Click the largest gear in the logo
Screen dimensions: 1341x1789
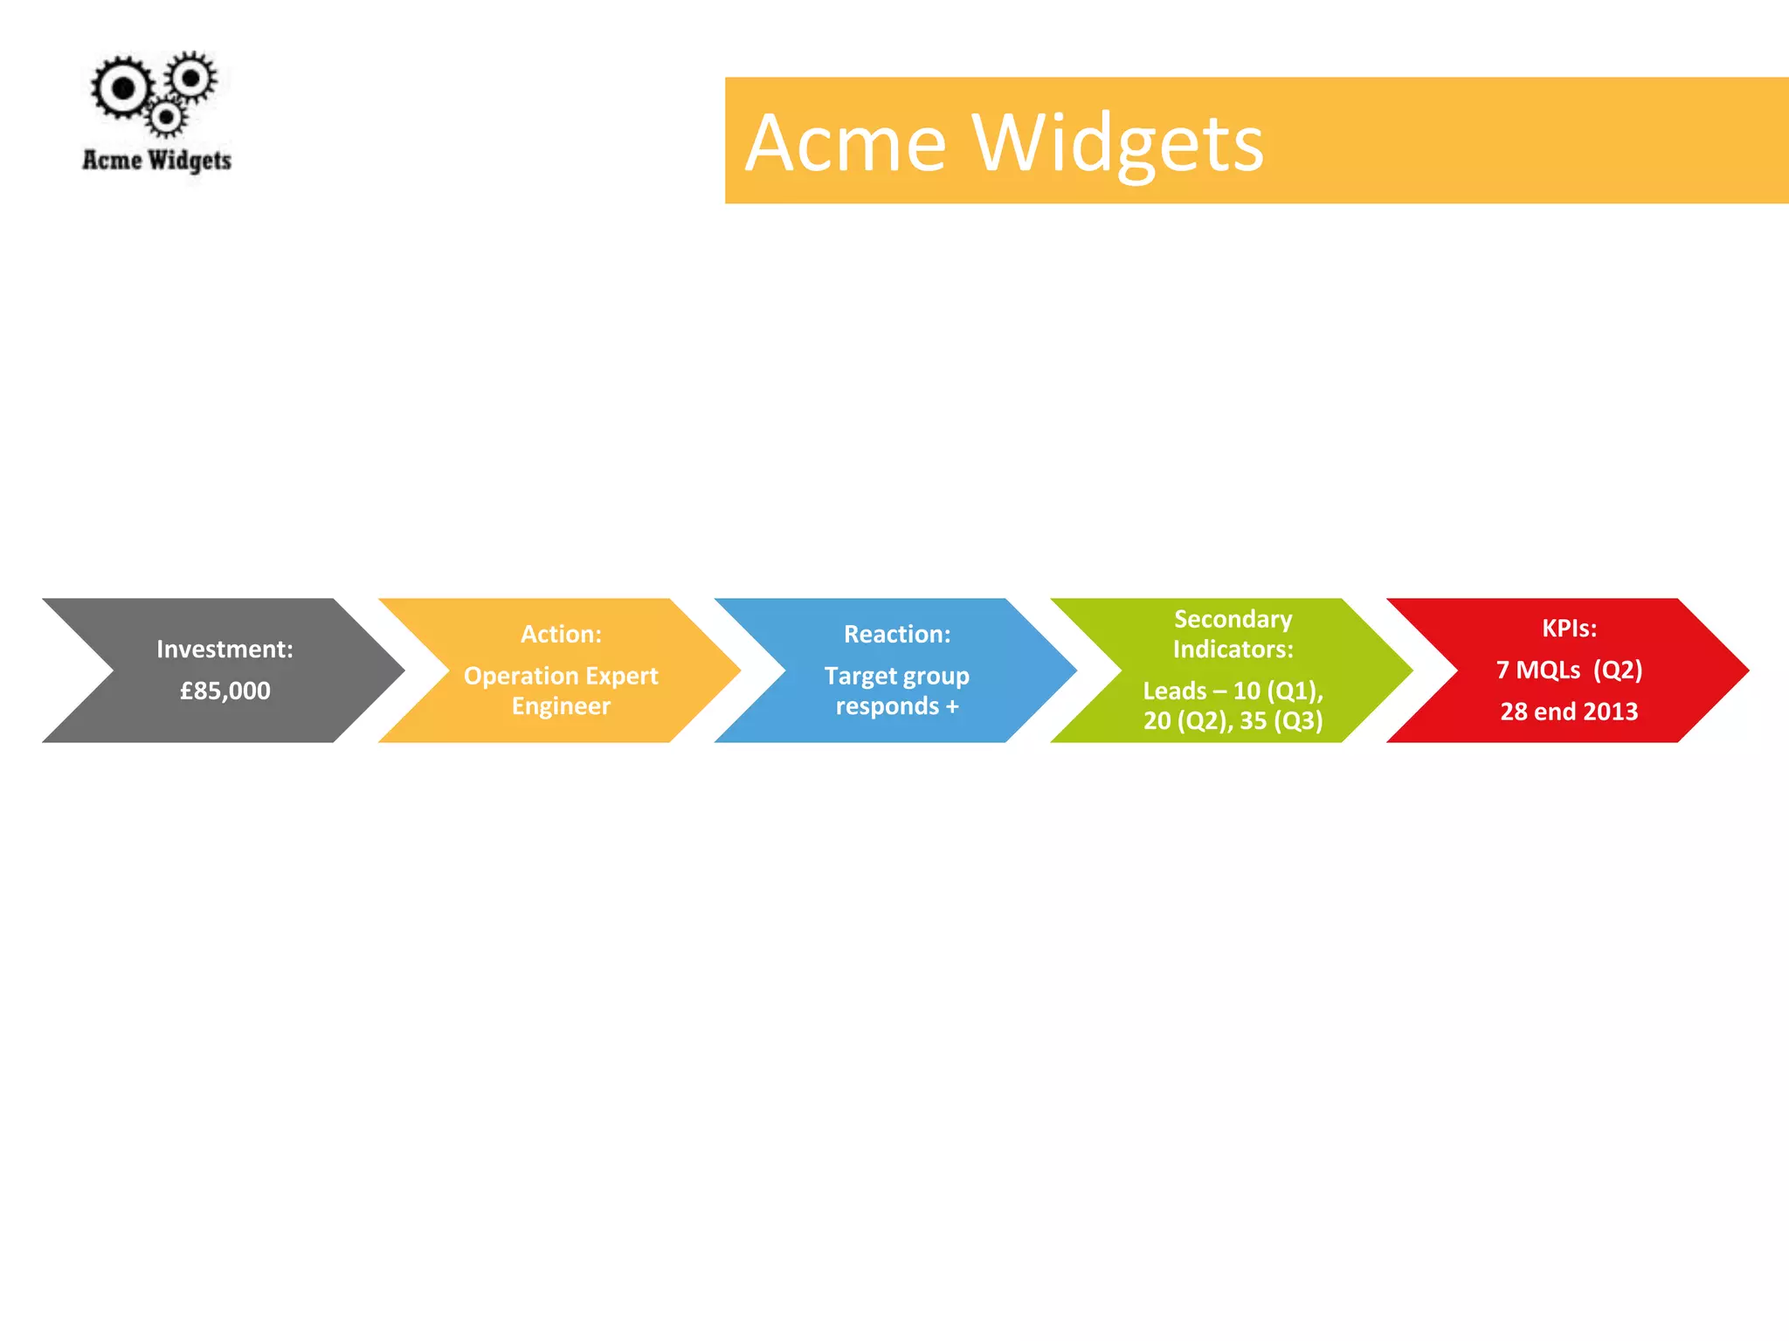click(x=123, y=88)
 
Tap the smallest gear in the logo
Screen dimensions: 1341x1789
click(x=166, y=116)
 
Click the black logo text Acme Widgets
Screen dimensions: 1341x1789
click(x=157, y=161)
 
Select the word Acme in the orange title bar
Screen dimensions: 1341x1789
click(x=846, y=143)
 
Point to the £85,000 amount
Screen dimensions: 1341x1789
click(x=224, y=691)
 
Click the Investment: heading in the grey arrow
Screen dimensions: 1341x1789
click(x=224, y=649)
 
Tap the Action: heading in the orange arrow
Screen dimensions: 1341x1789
click(x=561, y=634)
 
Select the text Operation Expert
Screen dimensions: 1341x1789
click(x=561, y=676)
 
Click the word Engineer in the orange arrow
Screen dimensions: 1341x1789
click(x=561, y=705)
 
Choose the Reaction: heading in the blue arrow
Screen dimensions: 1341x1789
click(x=897, y=634)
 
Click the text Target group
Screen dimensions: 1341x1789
click(x=897, y=676)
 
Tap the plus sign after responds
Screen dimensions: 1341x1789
click(x=952, y=705)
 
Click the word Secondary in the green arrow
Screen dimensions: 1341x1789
click(x=1233, y=619)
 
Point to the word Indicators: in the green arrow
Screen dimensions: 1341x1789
click(x=1233, y=649)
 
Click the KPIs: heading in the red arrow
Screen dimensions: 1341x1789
click(x=1569, y=628)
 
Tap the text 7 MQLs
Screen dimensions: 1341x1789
click(x=1538, y=670)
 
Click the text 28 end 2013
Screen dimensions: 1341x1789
click(x=1569, y=712)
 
